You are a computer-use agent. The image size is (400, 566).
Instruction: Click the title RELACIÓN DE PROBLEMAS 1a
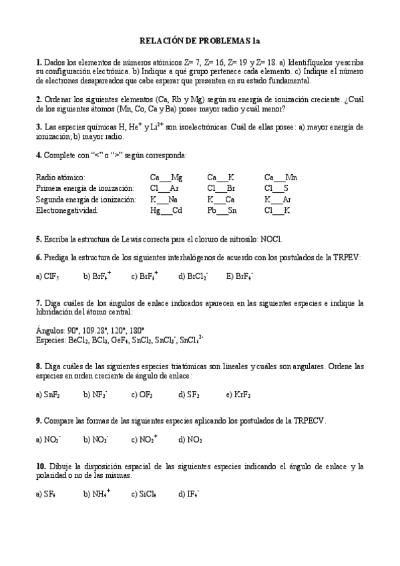(x=199, y=41)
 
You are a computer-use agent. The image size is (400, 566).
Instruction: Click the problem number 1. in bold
(x=39, y=62)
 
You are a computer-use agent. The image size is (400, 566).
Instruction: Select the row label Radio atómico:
(x=60, y=178)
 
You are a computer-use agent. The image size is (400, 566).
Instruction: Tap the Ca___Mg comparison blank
(x=166, y=178)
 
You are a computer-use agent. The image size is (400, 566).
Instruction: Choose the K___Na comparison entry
(x=164, y=200)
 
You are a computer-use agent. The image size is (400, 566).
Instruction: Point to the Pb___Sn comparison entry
(x=222, y=210)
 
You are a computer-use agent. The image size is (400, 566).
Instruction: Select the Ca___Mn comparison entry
(x=280, y=178)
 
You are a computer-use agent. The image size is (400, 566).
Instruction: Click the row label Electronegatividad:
(x=67, y=210)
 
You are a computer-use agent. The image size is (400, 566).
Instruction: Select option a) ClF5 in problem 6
(x=47, y=275)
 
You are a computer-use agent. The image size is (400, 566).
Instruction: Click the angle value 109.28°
(x=97, y=330)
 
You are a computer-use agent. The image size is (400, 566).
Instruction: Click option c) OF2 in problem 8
(x=142, y=394)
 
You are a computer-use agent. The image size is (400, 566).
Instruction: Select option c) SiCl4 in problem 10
(x=144, y=495)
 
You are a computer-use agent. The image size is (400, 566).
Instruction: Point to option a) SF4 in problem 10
(x=45, y=495)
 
